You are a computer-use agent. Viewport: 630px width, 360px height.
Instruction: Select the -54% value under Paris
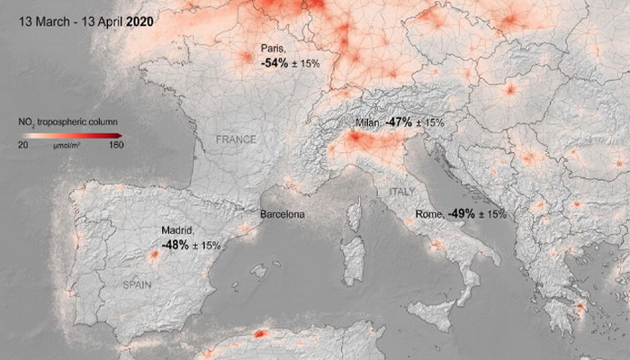coord(274,65)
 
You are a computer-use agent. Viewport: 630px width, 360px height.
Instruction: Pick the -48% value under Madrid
coord(176,245)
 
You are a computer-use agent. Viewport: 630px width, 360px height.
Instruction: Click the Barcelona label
coord(282,215)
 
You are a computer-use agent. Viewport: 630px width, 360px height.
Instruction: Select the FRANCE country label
coord(236,140)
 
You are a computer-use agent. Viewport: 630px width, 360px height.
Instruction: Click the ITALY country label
coord(401,192)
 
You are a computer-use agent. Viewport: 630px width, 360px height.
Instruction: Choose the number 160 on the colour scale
coord(114,144)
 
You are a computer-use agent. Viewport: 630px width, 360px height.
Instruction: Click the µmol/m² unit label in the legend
coord(68,144)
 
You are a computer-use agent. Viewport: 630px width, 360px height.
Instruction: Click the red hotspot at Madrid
coord(154,256)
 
